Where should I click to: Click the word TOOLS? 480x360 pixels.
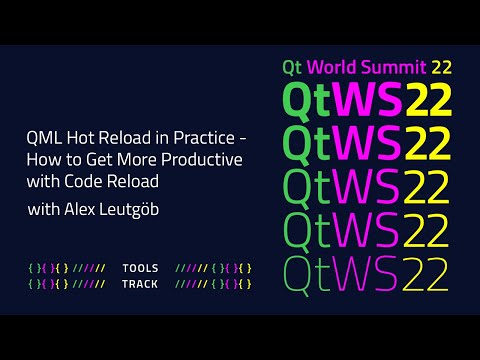coord(139,268)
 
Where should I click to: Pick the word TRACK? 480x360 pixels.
coord(139,284)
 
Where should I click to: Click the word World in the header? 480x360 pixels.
coord(328,67)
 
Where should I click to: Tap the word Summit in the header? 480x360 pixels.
coord(393,67)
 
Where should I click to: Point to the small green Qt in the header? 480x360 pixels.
coord(292,67)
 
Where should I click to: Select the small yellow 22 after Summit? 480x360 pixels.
coord(441,67)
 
